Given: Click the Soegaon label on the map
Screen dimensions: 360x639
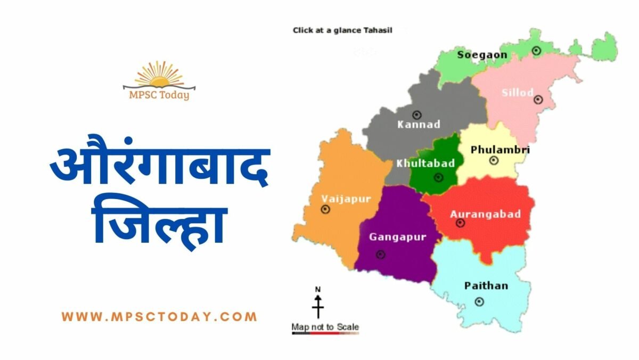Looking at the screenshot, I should [x=482, y=55].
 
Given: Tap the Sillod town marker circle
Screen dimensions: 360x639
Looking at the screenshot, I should [x=538, y=99].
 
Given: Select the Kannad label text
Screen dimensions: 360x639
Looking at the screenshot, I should [x=419, y=125].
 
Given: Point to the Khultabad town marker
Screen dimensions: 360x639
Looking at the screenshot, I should [x=438, y=177].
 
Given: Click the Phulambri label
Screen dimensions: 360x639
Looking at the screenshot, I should [x=500, y=150].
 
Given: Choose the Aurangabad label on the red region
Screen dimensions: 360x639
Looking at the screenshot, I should [x=485, y=214].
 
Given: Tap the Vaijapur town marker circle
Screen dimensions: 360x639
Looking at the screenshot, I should [x=325, y=209].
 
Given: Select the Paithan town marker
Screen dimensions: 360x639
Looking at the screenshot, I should [x=479, y=302].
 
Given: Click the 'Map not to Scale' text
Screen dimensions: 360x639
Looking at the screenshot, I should [x=325, y=326].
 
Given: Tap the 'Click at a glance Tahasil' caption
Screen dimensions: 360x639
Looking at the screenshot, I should [x=342, y=30].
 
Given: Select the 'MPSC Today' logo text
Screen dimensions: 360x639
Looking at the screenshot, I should [x=159, y=95].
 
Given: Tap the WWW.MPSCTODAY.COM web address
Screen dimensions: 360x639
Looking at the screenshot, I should [x=159, y=317].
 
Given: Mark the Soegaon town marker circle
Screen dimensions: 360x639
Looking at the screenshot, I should [x=536, y=51].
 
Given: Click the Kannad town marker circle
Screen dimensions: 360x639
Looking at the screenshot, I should [x=417, y=114].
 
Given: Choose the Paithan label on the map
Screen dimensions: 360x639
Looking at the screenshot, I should [x=486, y=286].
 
